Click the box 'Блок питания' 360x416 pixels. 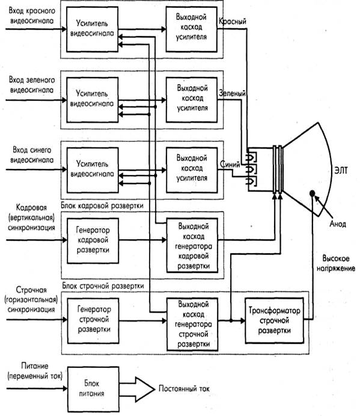[x=93, y=389]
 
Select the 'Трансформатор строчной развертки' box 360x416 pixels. [x=274, y=320]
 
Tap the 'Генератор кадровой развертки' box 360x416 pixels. [x=93, y=240]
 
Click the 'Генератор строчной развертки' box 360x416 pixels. [x=93, y=320]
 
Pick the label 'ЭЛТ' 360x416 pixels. [x=341, y=170]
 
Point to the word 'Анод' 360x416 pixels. [x=338, y=224]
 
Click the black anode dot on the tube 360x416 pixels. [x=313, y=194]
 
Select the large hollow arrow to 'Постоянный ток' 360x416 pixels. [x=137, y=389]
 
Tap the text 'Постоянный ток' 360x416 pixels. [x=184, y=389]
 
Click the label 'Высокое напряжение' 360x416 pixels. [x=336, y=263]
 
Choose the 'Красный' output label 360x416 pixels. [x=233, y=21]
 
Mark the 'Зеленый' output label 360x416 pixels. [x=232, y=93]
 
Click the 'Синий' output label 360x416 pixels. [x=230, y=165]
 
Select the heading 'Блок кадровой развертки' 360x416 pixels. [x=102, y=206]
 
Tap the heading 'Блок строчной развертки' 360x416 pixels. [x=103, y=286]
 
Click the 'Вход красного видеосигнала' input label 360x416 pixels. [x=32, y=16]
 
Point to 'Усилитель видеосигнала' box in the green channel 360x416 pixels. [x=93, y=100]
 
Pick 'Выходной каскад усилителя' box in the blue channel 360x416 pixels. [x=192, y=170]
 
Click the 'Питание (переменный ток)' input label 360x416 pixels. [x=35, y=371]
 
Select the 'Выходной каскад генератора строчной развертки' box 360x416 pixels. [x=192, y=324]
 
